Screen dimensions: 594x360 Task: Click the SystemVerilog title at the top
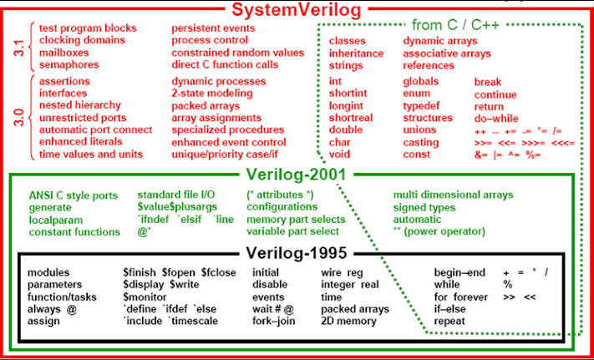coord(296,10)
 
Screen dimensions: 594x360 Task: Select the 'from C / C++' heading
coord(455,25)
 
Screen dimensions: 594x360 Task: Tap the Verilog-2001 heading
coord(297,175)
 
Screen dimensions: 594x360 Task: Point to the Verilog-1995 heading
coord(297,253)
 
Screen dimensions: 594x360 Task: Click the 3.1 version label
coord(19,47)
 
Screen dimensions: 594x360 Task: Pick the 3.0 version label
coord(19,118)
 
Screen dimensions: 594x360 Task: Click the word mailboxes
coord(63,53)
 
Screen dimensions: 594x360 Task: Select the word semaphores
coord(69,64)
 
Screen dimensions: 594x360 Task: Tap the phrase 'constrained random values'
coord(237,53)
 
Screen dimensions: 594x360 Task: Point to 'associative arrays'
coord(447,53)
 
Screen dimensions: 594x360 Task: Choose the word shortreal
coord(351,118)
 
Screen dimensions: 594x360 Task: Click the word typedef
coord(421,106)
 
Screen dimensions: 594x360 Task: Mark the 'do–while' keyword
coord(496,119)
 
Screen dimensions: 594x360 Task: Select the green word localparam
coord(56,221)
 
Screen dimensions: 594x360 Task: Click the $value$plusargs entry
coord(177,207)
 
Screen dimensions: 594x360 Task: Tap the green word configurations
coord(282,207)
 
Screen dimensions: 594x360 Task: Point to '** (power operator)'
coord(439,231)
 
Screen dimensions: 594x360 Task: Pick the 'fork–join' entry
coord(274,322)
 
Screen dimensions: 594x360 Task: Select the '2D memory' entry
coord(348,322)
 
